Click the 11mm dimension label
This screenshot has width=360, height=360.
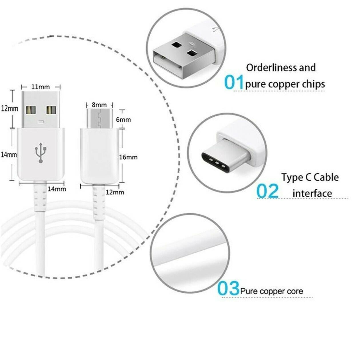[40, 87]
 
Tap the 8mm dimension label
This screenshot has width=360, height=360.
[99, 105]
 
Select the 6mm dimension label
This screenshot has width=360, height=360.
[123, 119]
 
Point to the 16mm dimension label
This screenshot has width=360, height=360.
[128, 157]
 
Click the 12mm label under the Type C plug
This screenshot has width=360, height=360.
[115, 192]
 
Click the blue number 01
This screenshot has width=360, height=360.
[234, 82]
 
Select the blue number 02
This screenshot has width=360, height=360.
[267, 191]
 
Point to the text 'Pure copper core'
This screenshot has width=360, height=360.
[272, 291]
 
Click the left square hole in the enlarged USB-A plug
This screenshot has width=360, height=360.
[176, 45]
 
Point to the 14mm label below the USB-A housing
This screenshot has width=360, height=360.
[57, 189]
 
